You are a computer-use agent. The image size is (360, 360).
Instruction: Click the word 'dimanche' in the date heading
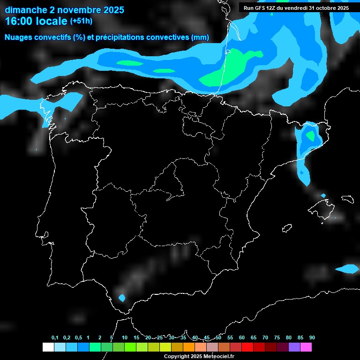25,9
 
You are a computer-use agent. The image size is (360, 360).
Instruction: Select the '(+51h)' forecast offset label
81,21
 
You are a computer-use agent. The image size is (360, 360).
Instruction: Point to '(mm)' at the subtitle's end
200,37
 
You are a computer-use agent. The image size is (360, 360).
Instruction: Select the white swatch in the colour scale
48,347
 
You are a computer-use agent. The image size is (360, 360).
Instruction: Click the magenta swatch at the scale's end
306,347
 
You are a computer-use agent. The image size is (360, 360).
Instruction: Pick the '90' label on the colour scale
312,337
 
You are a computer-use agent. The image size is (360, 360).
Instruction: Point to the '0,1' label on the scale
55,337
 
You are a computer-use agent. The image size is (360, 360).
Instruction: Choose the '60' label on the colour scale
241,337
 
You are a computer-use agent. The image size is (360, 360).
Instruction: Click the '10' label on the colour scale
124,337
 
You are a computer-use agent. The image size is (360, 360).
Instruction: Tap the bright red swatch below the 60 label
247,347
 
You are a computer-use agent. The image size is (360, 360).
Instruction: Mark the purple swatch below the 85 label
294,347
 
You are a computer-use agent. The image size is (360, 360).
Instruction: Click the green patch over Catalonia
310,136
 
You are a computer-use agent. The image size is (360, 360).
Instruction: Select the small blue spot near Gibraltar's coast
122,298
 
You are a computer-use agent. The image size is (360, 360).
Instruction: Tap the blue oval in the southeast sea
347,269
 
